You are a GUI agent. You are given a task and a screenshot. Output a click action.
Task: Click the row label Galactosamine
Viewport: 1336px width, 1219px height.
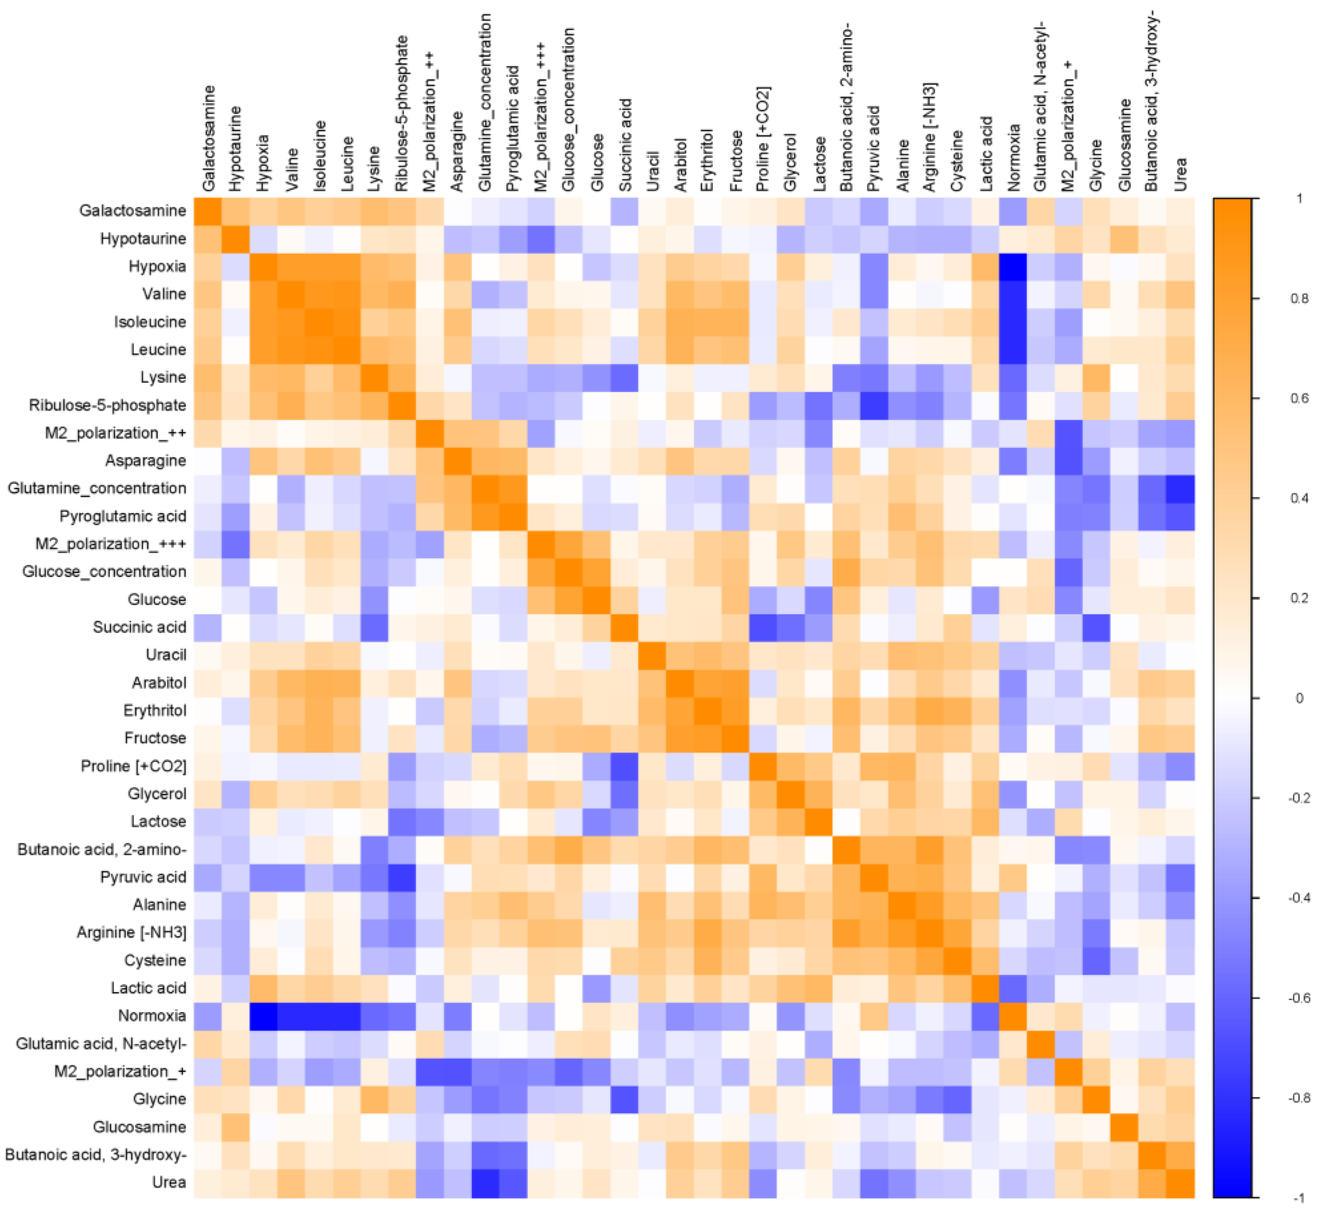(133, 210)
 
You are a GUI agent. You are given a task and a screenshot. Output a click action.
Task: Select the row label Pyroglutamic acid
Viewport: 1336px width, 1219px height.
(123, 516)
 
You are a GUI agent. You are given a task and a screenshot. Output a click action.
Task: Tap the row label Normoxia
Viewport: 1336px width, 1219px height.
(152, 1016)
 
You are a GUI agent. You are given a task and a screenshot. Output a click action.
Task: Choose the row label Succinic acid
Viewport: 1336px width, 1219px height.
(139, 627)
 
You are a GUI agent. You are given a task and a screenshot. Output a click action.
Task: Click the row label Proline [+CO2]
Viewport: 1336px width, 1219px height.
(133, 766)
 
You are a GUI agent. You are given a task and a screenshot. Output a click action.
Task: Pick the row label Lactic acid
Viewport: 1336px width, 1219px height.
(148, 988)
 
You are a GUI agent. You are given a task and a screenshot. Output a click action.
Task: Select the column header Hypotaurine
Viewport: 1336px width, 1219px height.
(236, 149)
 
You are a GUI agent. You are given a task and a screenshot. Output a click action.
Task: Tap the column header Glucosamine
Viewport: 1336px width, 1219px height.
(1125, 145)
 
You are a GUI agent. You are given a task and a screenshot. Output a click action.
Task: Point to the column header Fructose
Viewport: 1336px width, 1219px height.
(736, 161)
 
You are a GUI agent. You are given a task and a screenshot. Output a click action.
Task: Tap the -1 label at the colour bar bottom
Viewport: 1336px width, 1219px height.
(1299, 1198)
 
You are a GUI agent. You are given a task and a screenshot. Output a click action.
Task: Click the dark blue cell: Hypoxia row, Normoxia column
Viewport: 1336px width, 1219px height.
(1013, 266)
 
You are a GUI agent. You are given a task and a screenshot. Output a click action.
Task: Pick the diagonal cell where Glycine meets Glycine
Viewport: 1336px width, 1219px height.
(1097, 1099)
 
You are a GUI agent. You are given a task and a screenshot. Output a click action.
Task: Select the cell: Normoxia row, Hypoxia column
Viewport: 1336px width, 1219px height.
(264, 1016)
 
